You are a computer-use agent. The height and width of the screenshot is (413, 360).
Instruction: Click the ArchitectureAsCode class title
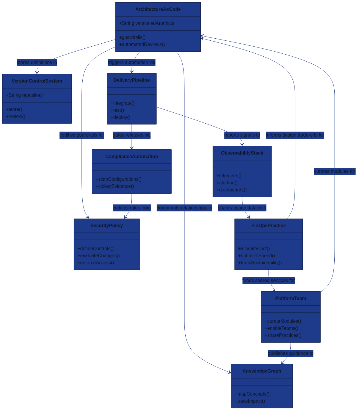158,9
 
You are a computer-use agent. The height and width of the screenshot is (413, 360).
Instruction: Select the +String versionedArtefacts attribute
147,23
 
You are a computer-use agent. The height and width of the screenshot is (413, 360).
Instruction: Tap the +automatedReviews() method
142,45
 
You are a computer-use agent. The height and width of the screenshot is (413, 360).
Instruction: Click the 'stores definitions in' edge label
37,63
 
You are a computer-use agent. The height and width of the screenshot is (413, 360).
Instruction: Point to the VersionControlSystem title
37,81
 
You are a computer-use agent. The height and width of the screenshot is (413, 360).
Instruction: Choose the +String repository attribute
24,95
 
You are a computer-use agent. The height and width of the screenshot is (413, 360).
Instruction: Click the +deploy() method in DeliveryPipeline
120,117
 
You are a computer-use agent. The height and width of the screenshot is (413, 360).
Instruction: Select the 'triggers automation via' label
132,63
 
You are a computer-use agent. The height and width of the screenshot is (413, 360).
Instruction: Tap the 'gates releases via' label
132,135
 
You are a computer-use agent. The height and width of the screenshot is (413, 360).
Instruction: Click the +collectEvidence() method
114,186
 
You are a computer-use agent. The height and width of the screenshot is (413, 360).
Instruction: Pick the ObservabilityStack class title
242,153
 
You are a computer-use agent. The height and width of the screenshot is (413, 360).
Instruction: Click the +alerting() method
227,183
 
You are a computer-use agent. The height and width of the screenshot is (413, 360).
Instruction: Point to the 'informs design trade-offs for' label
295,135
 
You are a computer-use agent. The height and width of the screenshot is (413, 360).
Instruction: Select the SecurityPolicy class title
107,226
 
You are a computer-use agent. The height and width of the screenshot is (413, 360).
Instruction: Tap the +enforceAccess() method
96,263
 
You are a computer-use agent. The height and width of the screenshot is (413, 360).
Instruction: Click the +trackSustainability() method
260,263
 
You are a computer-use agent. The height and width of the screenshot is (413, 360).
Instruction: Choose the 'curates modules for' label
335,171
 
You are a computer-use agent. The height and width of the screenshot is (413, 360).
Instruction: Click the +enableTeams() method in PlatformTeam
281,328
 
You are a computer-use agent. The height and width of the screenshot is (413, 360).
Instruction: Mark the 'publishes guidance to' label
291,353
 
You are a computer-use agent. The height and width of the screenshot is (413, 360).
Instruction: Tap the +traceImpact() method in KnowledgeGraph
250,401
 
